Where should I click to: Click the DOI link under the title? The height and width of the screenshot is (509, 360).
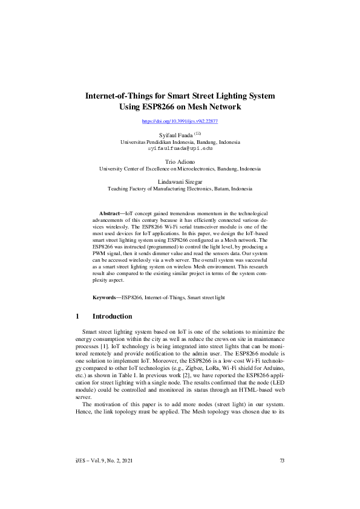(180, 122)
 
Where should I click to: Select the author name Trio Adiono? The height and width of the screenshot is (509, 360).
(180, 162)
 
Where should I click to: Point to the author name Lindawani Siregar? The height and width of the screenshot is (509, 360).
(180, 181)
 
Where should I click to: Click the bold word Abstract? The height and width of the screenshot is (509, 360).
(110, 214)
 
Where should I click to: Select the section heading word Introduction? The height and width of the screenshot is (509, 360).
(112, 316)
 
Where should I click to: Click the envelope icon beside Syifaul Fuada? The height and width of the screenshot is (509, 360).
(197, 133)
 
